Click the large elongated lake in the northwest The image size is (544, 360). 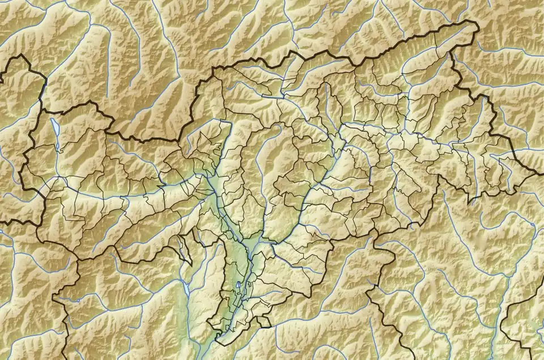pyautogui.click(x=55, y=129)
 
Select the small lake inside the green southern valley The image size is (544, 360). pyautogui.click(x=239, y=286)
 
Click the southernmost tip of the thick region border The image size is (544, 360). pyautogui.click(x=216, y=342)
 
